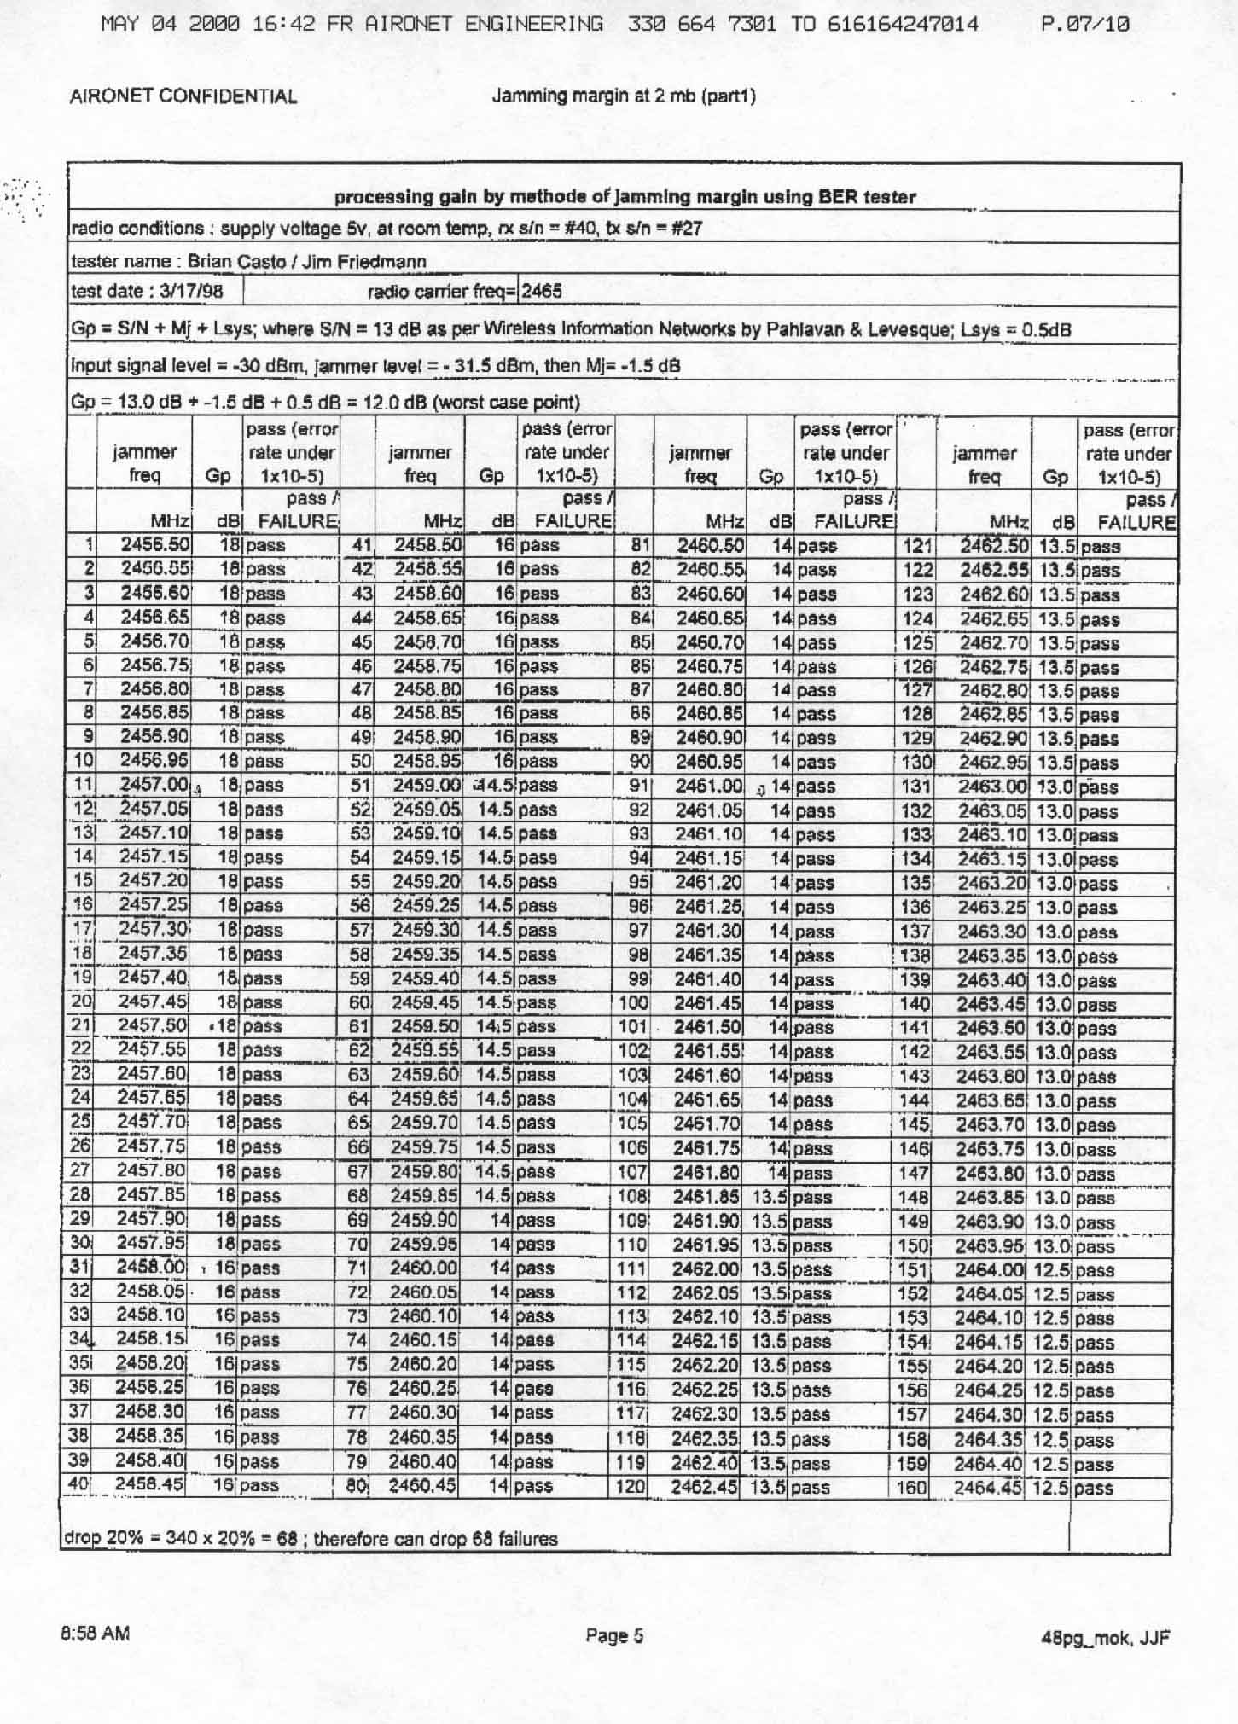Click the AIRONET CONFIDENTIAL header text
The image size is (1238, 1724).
point(183,96)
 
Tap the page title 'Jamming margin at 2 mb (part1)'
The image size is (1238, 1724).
point(624,96)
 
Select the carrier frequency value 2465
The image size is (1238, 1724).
point(542,291)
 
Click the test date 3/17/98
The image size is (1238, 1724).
point(148,291)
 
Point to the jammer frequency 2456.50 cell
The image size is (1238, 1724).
point(155,544)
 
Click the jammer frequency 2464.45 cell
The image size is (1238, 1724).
point(987,1488)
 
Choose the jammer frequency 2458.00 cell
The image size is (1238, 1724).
point(150,1267)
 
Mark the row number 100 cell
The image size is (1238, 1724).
point(633,1003)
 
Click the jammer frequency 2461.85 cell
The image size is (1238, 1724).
point(706,1196)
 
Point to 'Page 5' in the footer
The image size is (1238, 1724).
point(614,1636)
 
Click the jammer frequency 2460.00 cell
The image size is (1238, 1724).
point(423,1268)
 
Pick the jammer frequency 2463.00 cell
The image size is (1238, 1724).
point(991,786)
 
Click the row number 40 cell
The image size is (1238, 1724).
point(79,1484)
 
